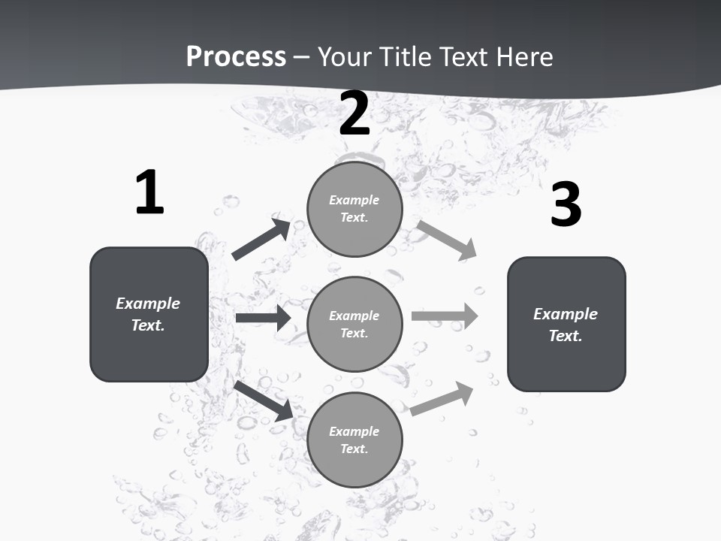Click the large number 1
[149, 192]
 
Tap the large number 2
[354, 113]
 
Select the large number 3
[566, 204]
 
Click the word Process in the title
[236, 56]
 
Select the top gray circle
[354, 209]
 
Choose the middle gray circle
[354, 324]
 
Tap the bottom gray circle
[354, 440]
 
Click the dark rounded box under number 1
[149, 314]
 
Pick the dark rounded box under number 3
[566, 325]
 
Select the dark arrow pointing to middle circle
[263, 318]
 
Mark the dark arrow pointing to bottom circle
[264, 400]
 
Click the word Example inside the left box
[148, 304]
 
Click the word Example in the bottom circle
[354, 431]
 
